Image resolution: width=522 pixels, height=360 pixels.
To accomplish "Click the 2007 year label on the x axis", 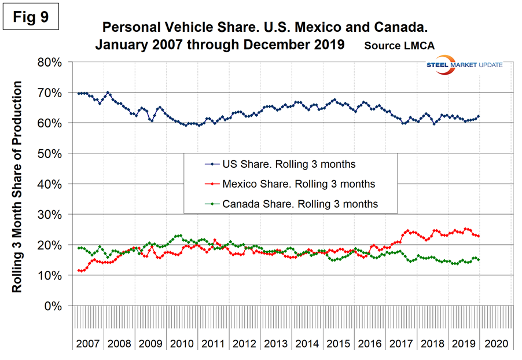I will click(88, 343).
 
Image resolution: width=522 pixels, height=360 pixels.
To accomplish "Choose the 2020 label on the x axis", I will click(496, 343).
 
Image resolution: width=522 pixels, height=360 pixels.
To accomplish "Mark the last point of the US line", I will click(479, 116).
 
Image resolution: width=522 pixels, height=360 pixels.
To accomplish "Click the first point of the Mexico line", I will click(78, 270).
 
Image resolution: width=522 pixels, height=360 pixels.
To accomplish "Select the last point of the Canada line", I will click(479, 260).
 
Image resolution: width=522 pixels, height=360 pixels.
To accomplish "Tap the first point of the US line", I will click(78, 94).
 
